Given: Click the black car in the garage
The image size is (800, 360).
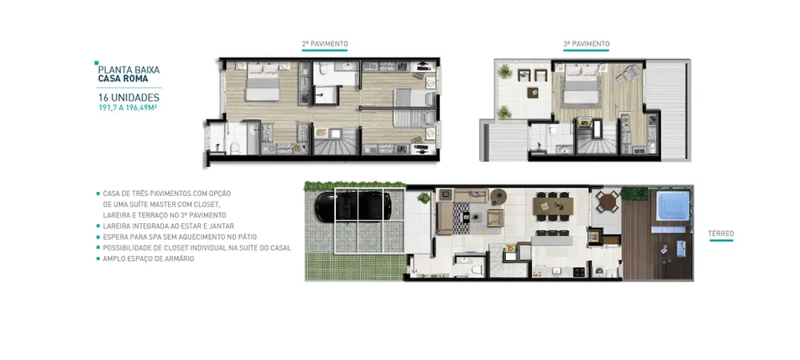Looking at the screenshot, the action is [x=353, y=206].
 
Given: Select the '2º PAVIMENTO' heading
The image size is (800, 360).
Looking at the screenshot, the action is [x=325, y=44].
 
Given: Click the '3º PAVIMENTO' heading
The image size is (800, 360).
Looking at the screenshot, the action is [x=586, y=44].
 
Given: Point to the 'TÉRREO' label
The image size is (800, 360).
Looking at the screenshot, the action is [x=721, y=234].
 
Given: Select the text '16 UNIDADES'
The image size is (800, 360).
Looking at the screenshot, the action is [x=129, y=98].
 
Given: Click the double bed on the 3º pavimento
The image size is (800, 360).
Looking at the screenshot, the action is [x=580, y=84].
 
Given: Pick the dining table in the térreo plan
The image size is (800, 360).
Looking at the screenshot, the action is [x=553, y=206].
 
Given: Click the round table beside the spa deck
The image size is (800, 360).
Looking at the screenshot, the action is [x=608, y=202].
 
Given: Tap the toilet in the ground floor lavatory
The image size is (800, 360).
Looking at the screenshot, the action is [x=475, y=270].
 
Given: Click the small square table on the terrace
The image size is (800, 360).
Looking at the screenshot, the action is [x=533, y=92].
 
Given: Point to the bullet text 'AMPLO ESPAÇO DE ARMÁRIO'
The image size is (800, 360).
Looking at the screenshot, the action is [x=149, y=258].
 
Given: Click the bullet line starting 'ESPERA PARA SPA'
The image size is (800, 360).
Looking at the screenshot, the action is [x=179, y=237].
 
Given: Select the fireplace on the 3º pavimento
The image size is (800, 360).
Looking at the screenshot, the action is [x=583, y=124].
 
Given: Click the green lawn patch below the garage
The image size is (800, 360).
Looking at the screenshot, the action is [x=356, y=266].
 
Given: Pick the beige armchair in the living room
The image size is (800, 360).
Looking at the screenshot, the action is [x=495, y=218].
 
